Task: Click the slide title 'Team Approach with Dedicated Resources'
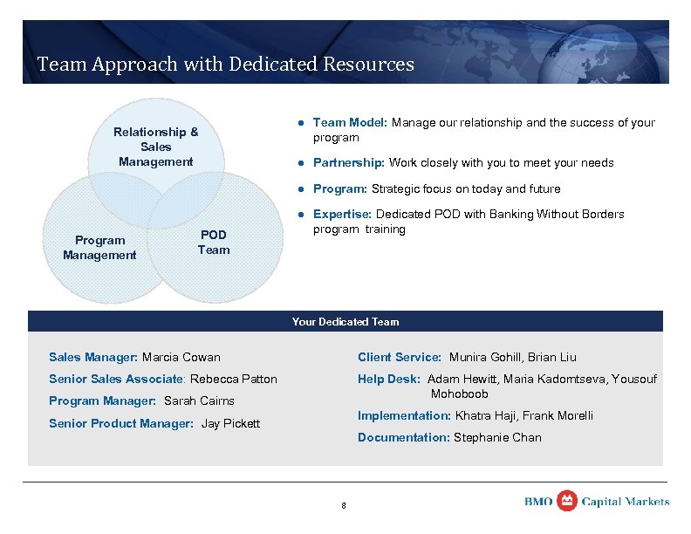click(x=225, y=64)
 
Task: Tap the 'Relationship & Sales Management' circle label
click(x=155, y=147)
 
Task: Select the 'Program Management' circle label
click(x=99, y=248)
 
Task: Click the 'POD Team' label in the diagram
click(x=214, y=243)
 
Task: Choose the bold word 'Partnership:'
click(x=349, y=163)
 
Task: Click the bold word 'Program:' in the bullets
click(x=340, y=189)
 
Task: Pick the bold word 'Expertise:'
click(x=343, y=215)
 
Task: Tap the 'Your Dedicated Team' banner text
click(x=345, y=322)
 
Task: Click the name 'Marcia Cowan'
click(x=181, y=357)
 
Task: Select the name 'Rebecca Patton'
click(x=234, y=379)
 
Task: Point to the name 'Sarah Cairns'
click(x=199, y=401)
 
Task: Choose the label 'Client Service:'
click(x=400, y=357)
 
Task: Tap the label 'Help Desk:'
click(x=389, y=379)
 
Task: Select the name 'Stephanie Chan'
click(x=497, y=438)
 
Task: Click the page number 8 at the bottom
click(x=344, y=506)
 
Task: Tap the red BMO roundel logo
click(x=567, y=501)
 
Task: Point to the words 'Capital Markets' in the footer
click(x=626, y=502)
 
